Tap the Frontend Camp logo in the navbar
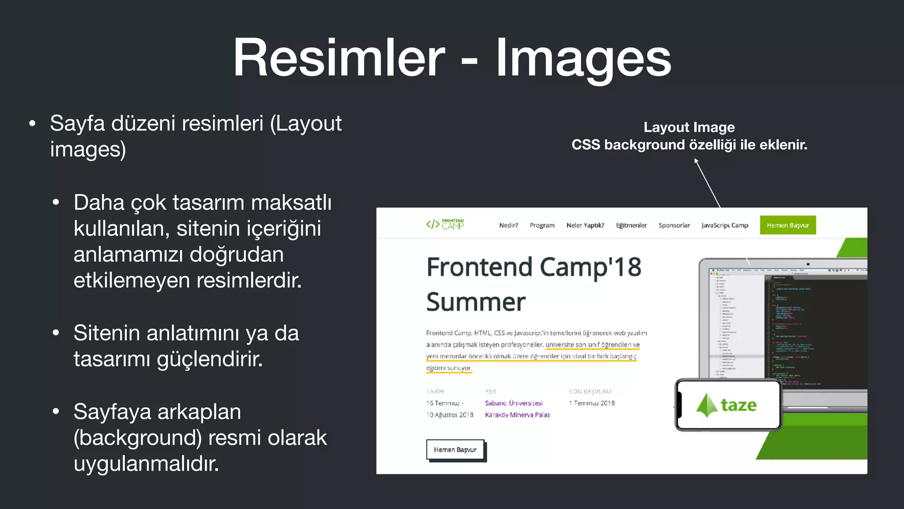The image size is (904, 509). pyautogui.click(x=445, y=224)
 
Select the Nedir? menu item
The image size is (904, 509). pyautogui.click(x=508, y=225)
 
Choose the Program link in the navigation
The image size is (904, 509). pyautogui.click(x=542, y=225)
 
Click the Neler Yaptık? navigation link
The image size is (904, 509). pyautogui.click(x=585, y=225)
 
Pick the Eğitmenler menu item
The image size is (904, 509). pyautogui.click(x=631, y=225)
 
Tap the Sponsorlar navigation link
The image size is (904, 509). pyautogui.click(x=674, y=225)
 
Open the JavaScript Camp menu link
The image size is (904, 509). pyautogui.click(x=725, y=225)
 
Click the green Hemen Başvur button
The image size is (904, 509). pyautogui.click(x=788, y=225)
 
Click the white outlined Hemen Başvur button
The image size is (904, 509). pyautogui.click(x=455, y=450)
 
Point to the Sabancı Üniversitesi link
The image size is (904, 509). pyautogui.click(x=514, y=403)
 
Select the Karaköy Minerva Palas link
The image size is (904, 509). pyautogui.click(x=517, y=415)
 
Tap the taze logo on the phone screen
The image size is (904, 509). pyautogui.click(x=727, y=405)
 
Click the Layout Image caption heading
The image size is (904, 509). pyautogui.click(x=689, y=127)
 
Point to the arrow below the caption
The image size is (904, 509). pyautogui.click(x=707, y=183)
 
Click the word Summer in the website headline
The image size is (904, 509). pyautogui.click(x=476, y=302)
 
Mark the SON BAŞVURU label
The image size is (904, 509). pyautogui.click(x=590, y=391)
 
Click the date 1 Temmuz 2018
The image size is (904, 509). pyautogui.click(x=591, y=403)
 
